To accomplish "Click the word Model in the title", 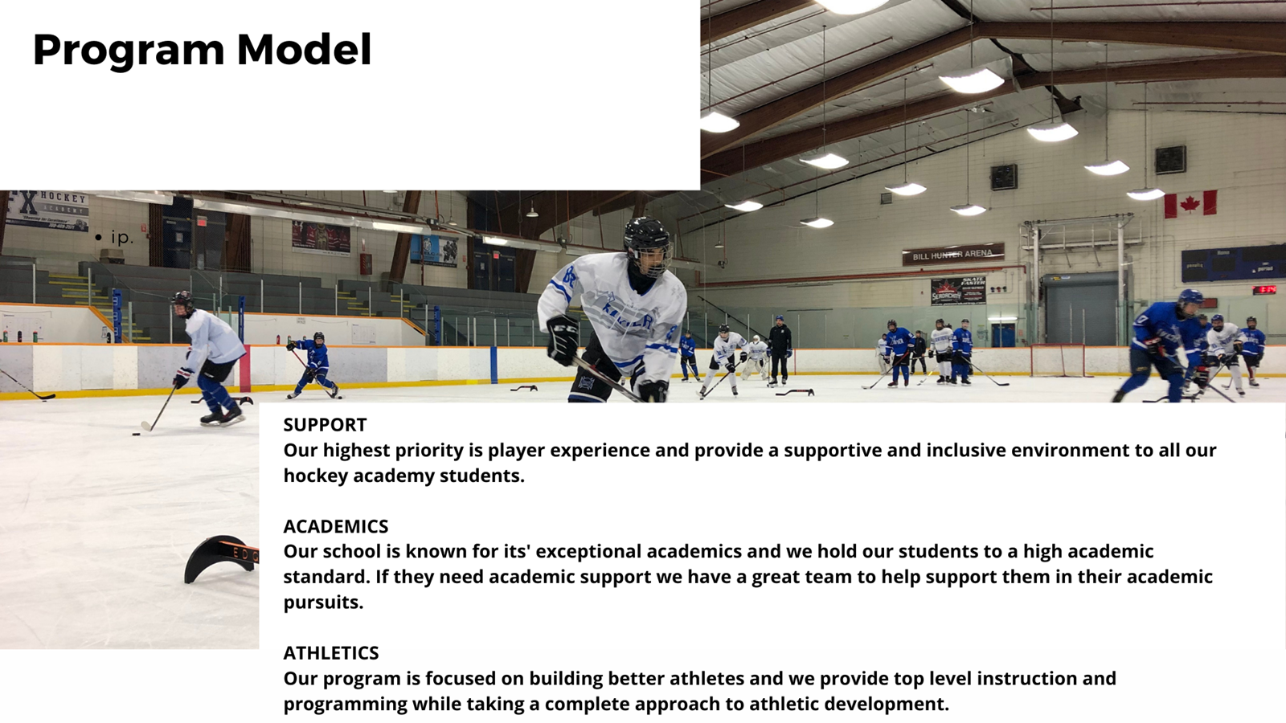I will point(304,49).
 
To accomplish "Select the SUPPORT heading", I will point(325,425).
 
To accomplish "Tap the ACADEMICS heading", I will point(335,526).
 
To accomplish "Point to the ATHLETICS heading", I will point(330,653).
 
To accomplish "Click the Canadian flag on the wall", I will point(1190,204).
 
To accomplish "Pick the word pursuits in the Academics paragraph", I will point(323,602).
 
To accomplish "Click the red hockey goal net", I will point(1061,361).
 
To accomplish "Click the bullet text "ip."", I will point(121,237).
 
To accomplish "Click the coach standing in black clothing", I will point(779,349).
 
